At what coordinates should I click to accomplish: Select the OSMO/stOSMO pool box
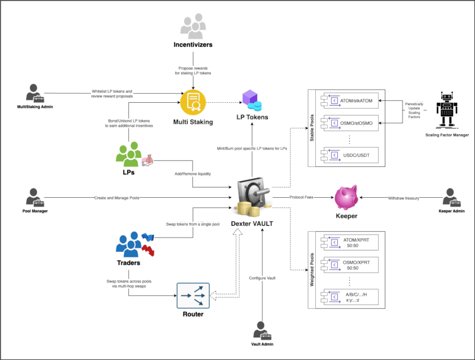(x=349, y=124)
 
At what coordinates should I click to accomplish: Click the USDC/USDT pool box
(x=349, y=155)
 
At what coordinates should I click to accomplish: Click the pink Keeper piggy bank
(x=346, y=197)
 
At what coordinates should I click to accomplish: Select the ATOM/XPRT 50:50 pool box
(x=349, y=243)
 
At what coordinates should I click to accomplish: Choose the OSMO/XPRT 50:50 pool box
(x=349, y=264)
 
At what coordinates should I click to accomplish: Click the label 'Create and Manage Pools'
(x=116, y=197)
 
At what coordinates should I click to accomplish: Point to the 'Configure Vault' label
(x=261, y=278)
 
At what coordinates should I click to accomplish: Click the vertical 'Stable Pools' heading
(x=312, y=128)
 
